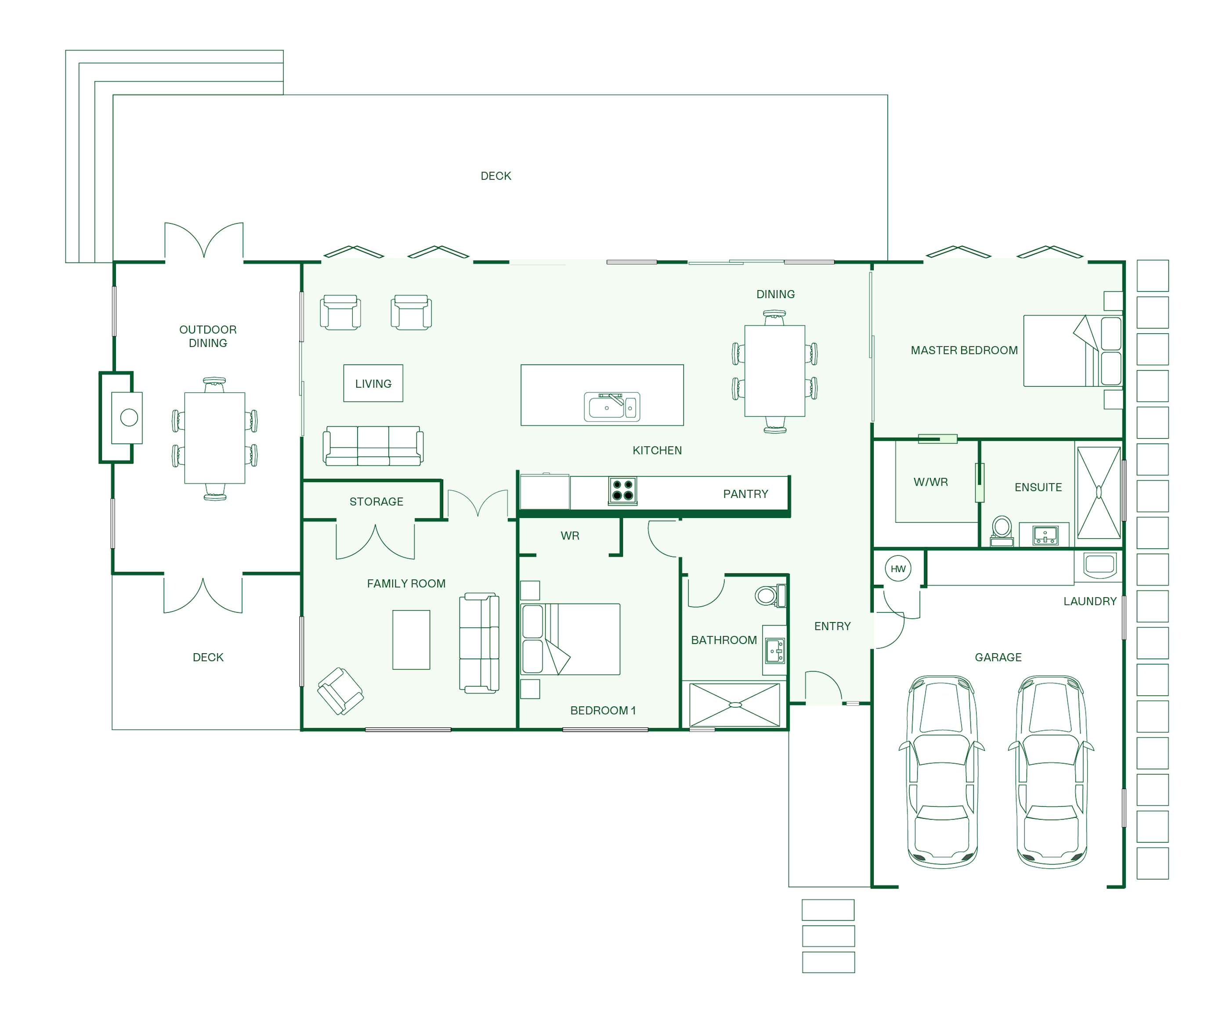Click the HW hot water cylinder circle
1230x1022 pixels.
pos(898,569)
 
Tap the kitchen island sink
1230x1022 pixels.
pos(611,406)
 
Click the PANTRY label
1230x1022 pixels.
pos(745,494)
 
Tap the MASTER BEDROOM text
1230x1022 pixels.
pos(964,350)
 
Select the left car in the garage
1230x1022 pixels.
pos(942,771)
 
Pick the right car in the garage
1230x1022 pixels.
pos(1051,771)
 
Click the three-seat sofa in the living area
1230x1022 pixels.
pos(373,446)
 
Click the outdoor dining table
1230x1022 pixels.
pos(214,438)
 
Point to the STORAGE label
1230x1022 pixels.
pos(376,502)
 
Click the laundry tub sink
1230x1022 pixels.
pos(1100,565)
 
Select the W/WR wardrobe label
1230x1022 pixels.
pos(931,482)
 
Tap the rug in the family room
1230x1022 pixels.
pos(411,640)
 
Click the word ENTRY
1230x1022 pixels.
pos(832,626)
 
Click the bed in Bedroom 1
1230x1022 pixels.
pos(571,639)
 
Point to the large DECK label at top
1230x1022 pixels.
pos(496,176)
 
